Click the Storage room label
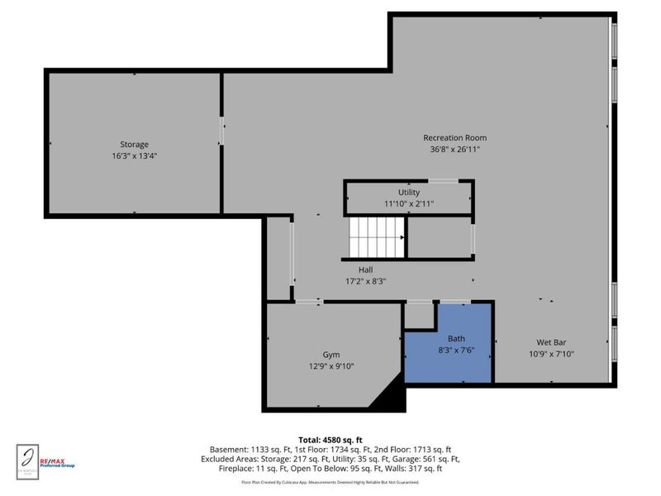click(134, 144)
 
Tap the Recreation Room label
click(454, 137)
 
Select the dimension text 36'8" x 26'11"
click(454, 150)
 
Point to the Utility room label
click(409, 192)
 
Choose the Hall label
click(365, 269)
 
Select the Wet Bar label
click(551, 341)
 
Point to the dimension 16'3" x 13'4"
click(134, 155)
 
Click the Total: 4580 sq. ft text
click(330, 439)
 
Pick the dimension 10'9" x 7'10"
click(551, 353)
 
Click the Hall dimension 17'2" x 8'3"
click(365, 281)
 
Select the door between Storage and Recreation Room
click(221, 132)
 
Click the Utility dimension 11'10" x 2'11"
click(409, 203)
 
